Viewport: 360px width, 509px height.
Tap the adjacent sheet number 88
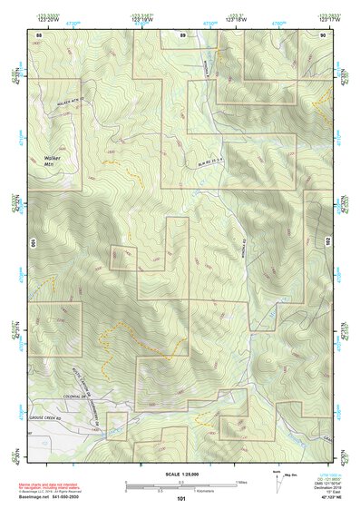click(x=38, y=34)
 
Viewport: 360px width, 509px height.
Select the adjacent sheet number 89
click(x=182, y=34)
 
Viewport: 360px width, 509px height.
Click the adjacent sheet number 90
click(x=323, y=34)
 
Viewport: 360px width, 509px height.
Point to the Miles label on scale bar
click(x=240, y=481)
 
